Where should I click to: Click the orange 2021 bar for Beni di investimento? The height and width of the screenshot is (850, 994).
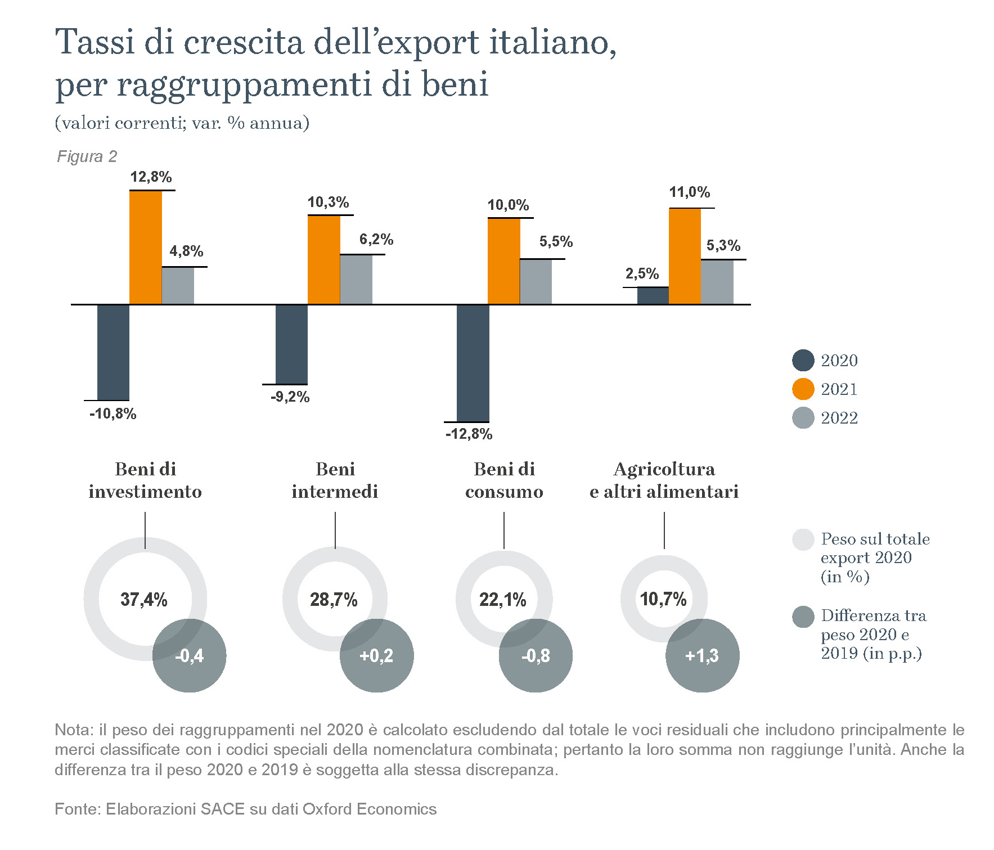146,248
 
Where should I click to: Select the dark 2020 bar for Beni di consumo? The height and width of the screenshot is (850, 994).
473,363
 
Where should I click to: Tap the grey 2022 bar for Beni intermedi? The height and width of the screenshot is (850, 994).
356,280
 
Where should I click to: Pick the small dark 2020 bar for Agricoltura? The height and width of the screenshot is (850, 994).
653,296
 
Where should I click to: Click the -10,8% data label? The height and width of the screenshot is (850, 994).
113,414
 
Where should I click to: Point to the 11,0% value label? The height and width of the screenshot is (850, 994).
690,192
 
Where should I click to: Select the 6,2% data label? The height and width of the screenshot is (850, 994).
376,240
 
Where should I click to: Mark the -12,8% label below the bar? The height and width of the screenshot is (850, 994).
469,434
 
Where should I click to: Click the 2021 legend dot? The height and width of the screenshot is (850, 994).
803,389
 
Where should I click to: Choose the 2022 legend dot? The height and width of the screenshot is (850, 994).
803,418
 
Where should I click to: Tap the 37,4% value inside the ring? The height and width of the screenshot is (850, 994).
144,600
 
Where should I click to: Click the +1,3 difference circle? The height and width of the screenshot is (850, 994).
702,656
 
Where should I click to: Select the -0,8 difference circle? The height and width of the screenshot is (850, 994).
536,656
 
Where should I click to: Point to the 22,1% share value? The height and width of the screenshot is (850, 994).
503,600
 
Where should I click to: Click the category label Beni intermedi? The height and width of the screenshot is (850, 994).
335,480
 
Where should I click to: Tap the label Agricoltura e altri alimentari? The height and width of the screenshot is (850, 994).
664,480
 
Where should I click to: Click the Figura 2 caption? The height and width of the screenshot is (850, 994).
87,156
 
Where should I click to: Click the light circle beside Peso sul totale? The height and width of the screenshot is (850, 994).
803,539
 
